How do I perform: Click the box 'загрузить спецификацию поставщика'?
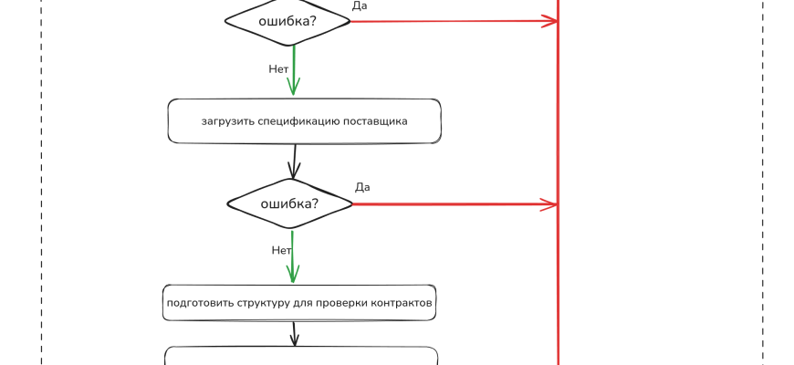point(304,120)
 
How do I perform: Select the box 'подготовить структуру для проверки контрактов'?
point(299,302)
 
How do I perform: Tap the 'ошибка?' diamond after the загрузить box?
point(289,203)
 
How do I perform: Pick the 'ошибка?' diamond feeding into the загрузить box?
point(287,20)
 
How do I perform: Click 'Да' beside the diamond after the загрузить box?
point(362,187)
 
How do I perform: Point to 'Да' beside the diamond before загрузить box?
point(360,5)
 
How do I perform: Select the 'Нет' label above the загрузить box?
point(278,68)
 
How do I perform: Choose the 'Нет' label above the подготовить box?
point(281,250)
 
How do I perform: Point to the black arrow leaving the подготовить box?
point(294,333)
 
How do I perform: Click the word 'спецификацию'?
point(303,120)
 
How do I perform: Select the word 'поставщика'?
point(376,120)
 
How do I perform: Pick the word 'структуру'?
point(261,302)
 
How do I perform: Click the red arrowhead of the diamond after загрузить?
point(550,204)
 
